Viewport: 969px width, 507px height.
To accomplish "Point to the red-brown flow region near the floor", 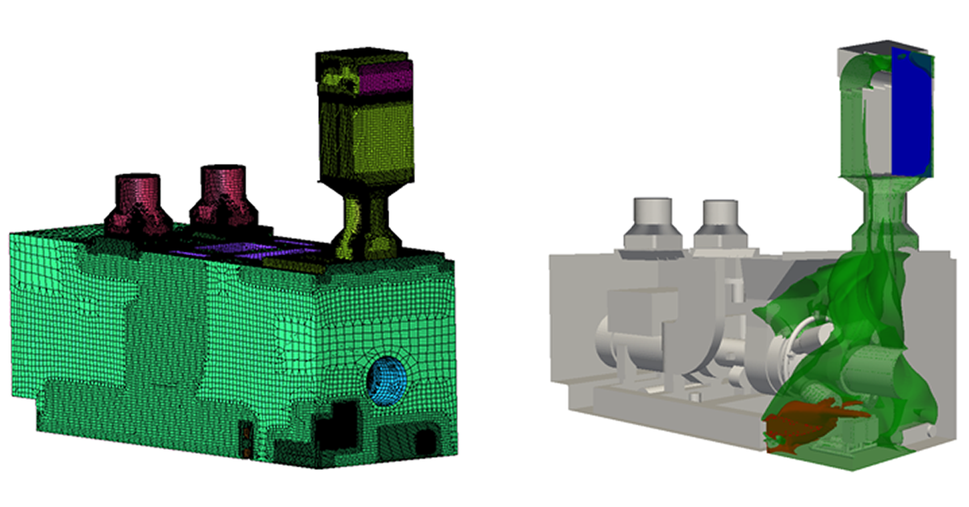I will pyautogui.click(x=807, y=424).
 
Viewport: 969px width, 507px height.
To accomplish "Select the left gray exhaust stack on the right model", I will pyautogui.click(x=650, y=222).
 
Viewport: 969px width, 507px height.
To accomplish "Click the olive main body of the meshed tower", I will pyautogui.click(x=367, y=137).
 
